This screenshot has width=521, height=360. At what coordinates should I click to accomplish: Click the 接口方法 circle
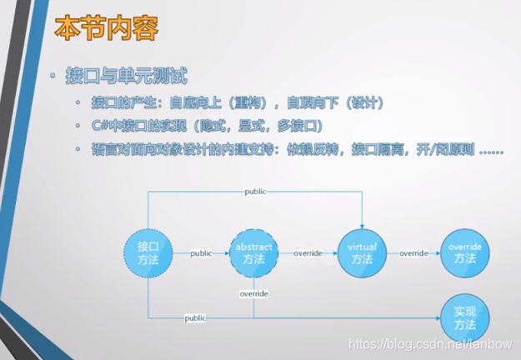pyautogui.click(x=148, y=252)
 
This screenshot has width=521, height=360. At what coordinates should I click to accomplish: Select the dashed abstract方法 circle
pyautogui.click(x=253, y=252)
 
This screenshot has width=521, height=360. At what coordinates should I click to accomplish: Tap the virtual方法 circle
pyautogui.click(x=362, y=252)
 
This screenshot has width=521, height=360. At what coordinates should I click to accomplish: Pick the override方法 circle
pyautogui.click(x=465, y=252)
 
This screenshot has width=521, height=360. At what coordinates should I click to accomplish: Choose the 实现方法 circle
pyautogui.click(x=465, y=317)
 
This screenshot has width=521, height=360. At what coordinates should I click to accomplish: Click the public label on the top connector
pyautogui.click(x=256, y=192)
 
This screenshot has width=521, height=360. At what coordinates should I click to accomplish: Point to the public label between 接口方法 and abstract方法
pyautogui.click(x=201, y=253)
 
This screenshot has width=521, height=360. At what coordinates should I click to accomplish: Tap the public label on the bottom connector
pyautogui.click(x=195, y=318)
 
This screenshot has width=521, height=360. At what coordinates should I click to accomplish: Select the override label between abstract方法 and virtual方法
pyautogui.click(x=308, y=253)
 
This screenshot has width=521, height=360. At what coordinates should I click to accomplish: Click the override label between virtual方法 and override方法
pyautogui.click(x=413, y=253)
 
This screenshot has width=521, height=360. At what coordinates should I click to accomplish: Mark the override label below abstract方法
pyautogui.click(x=253, y=294)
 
